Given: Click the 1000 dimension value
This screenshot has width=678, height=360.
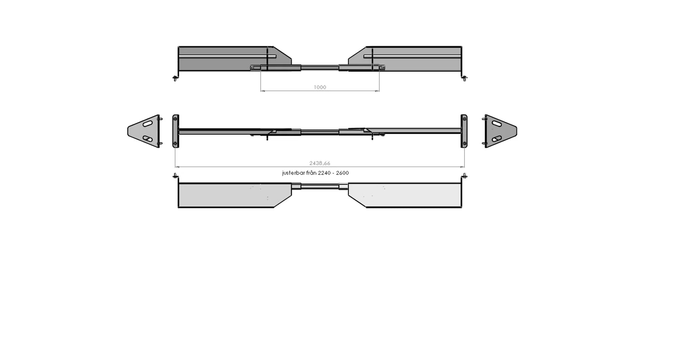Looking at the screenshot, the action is click(320, 87).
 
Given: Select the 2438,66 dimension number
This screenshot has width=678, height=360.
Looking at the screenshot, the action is click(320, 163).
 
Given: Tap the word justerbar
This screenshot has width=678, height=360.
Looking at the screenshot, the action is click(293, 173).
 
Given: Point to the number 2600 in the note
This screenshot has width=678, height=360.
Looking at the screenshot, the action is click(342, 173).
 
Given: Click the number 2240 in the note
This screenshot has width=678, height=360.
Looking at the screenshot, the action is click(324, 173).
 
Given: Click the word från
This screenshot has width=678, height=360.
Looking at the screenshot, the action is click(311, 173).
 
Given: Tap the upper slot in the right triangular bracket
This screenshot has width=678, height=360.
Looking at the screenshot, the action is click(497, 124).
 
